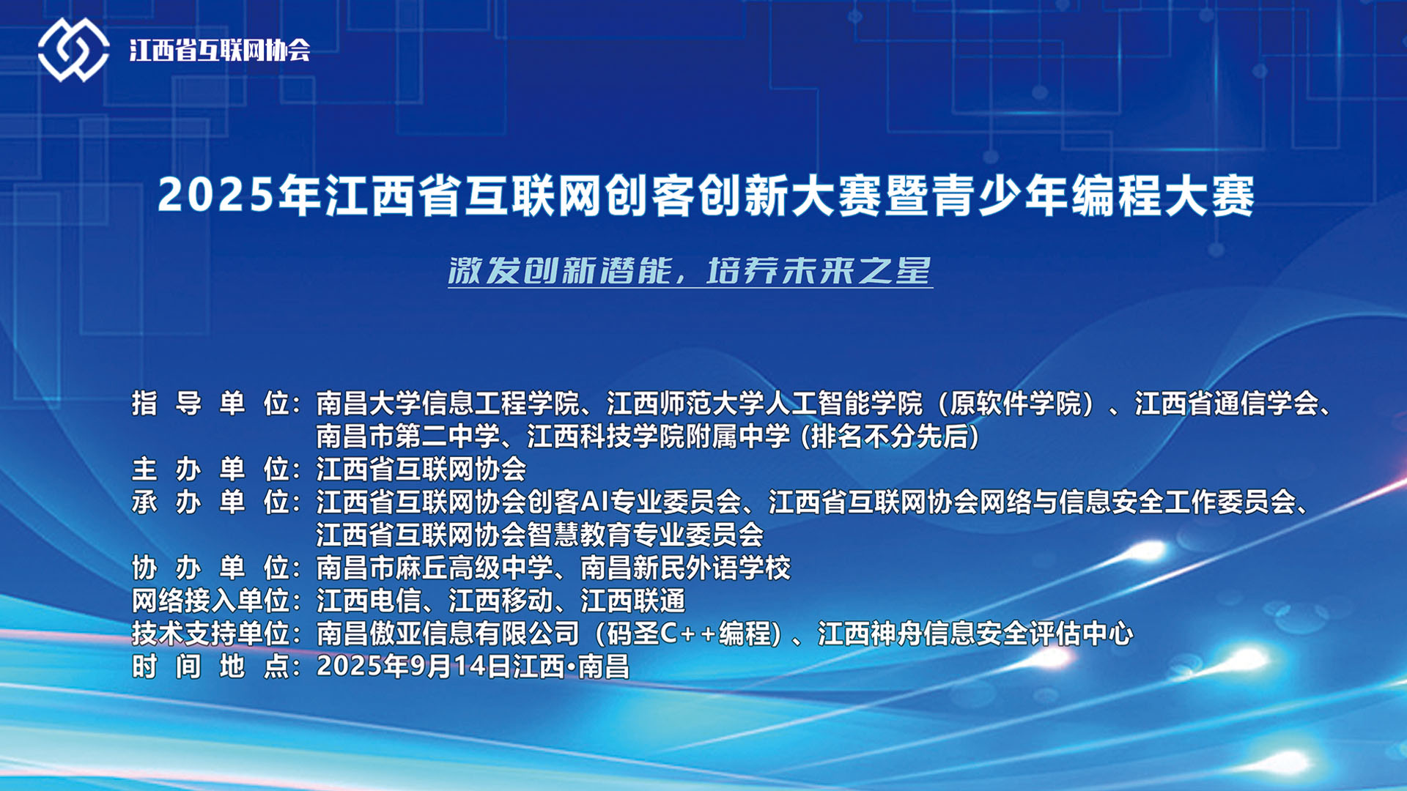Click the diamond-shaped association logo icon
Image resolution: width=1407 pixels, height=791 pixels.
coord(73,50)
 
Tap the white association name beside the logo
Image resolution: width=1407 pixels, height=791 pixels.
coord(220,50)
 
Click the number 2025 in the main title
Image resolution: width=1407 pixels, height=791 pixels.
coord(216,196)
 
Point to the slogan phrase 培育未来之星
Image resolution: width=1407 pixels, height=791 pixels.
coord(819,271)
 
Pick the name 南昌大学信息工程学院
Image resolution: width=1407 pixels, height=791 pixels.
coord(448,404)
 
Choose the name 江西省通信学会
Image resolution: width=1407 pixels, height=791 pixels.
coord(1227,404)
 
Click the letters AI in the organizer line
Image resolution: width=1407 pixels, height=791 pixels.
coord(595,502)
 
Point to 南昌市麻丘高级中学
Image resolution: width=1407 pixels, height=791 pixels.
coord(435,568)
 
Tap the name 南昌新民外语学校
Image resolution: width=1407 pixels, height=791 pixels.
coord(686,568)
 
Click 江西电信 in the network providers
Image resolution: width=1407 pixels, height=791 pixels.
coord(369,601)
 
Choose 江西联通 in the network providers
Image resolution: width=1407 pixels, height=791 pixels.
coord(633,601)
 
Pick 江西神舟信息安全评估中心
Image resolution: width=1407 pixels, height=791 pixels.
coord(975,634)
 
